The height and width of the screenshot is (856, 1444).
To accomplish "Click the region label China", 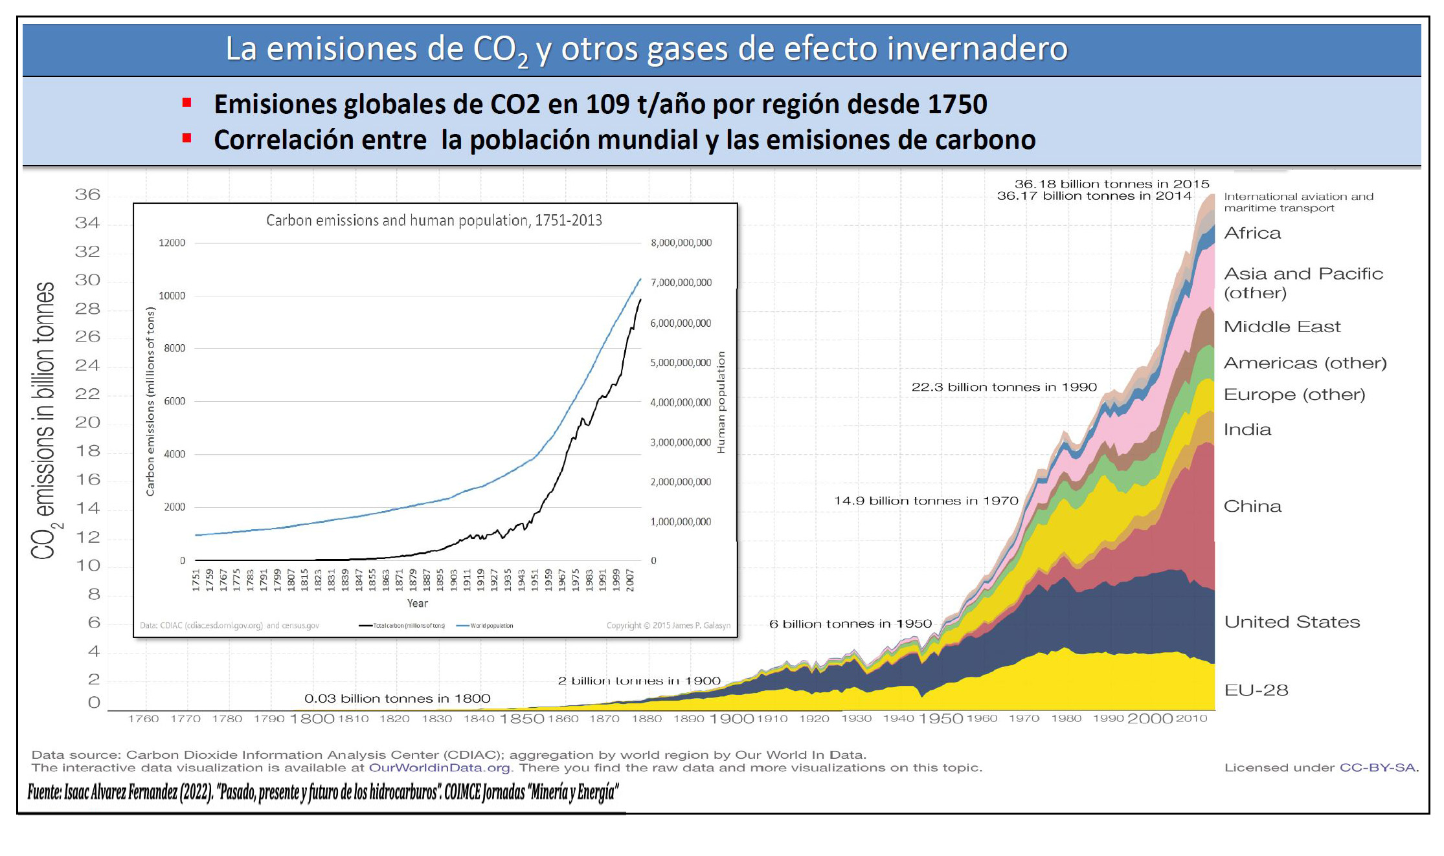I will (1252, 506).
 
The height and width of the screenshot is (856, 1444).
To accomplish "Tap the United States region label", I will (1291, 622).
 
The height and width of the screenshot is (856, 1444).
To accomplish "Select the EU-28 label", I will (1256, 690).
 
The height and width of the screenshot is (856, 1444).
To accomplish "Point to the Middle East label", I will (1281, 327).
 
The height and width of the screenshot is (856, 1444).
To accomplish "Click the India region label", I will (1247, 430).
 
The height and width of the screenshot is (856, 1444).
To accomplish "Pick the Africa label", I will (1252, 233).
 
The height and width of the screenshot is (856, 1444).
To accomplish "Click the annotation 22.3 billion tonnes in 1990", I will (1004, 387).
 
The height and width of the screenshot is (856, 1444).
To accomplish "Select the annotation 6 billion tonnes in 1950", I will (850, 624).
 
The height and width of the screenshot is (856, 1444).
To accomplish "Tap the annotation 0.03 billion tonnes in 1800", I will (397, 699).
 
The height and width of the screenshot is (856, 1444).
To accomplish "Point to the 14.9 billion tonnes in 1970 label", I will (925, 501).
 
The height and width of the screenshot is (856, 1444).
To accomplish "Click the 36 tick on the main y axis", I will (87, 195).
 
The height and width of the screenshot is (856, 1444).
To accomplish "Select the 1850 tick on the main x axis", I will (521, 719).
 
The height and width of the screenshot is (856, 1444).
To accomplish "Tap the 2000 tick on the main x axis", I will (1149, 719).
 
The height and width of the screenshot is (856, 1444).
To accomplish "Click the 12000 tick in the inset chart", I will (172, 243).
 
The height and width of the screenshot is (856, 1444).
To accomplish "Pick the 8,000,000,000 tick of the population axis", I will (681, 243).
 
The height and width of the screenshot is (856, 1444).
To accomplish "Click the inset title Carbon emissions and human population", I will (434, 221).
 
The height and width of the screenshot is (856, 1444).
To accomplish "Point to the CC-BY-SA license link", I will (1377, 768).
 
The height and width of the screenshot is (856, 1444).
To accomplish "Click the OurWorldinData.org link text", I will (439, 768).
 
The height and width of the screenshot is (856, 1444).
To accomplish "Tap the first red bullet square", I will (187, 102).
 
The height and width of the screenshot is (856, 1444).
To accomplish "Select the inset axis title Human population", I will (721, 402).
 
